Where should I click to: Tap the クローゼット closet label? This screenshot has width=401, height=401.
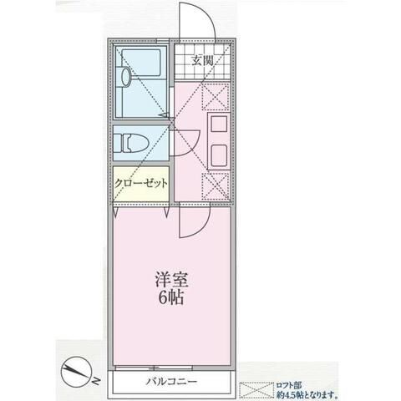click(143, 183)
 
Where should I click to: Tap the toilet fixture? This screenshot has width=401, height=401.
click(134, 143)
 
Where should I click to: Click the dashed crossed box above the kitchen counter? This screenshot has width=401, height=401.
click(214, 97)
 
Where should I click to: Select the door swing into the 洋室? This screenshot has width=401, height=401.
click(190, 222)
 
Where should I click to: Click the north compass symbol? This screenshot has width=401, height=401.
click(77, 369)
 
